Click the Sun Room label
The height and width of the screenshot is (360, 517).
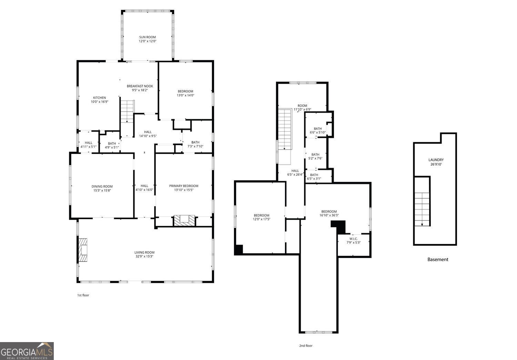147,37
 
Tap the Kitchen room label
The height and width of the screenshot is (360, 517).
99,98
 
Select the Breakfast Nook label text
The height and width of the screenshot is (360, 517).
140,86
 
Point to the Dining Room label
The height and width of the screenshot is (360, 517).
102,186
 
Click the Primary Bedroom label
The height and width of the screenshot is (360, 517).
184,186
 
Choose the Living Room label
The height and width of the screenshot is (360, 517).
144,253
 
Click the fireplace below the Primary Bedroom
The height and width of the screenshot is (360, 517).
184,220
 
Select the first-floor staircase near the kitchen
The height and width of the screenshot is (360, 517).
127,110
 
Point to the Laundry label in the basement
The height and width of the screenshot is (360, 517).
436,160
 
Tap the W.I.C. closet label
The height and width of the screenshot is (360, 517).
354,239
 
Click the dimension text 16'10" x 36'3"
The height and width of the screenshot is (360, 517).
329,216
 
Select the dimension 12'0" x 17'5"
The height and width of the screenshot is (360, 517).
262,219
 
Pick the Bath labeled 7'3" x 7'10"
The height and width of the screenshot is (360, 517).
195,146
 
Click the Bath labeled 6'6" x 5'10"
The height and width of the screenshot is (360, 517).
318,132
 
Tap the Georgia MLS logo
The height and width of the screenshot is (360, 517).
27,351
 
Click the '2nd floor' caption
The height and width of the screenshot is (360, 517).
306,346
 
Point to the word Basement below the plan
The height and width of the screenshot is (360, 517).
438,259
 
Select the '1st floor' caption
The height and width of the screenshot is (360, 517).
83,295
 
